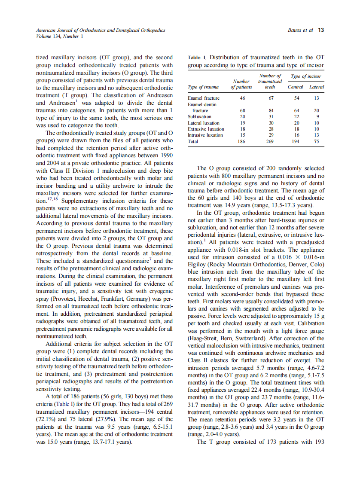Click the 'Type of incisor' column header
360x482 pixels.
click(x=306, y=76)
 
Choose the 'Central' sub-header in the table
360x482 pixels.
click(x=295, y=87)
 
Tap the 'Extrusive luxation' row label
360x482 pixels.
click(x=206, y=129)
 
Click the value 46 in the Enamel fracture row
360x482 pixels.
click(x=242, y=98)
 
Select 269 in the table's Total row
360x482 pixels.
click(x=270, y=141)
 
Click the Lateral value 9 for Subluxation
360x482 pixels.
click(x=317, y=116)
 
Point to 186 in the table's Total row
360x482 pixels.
click(x=242, y=141)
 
